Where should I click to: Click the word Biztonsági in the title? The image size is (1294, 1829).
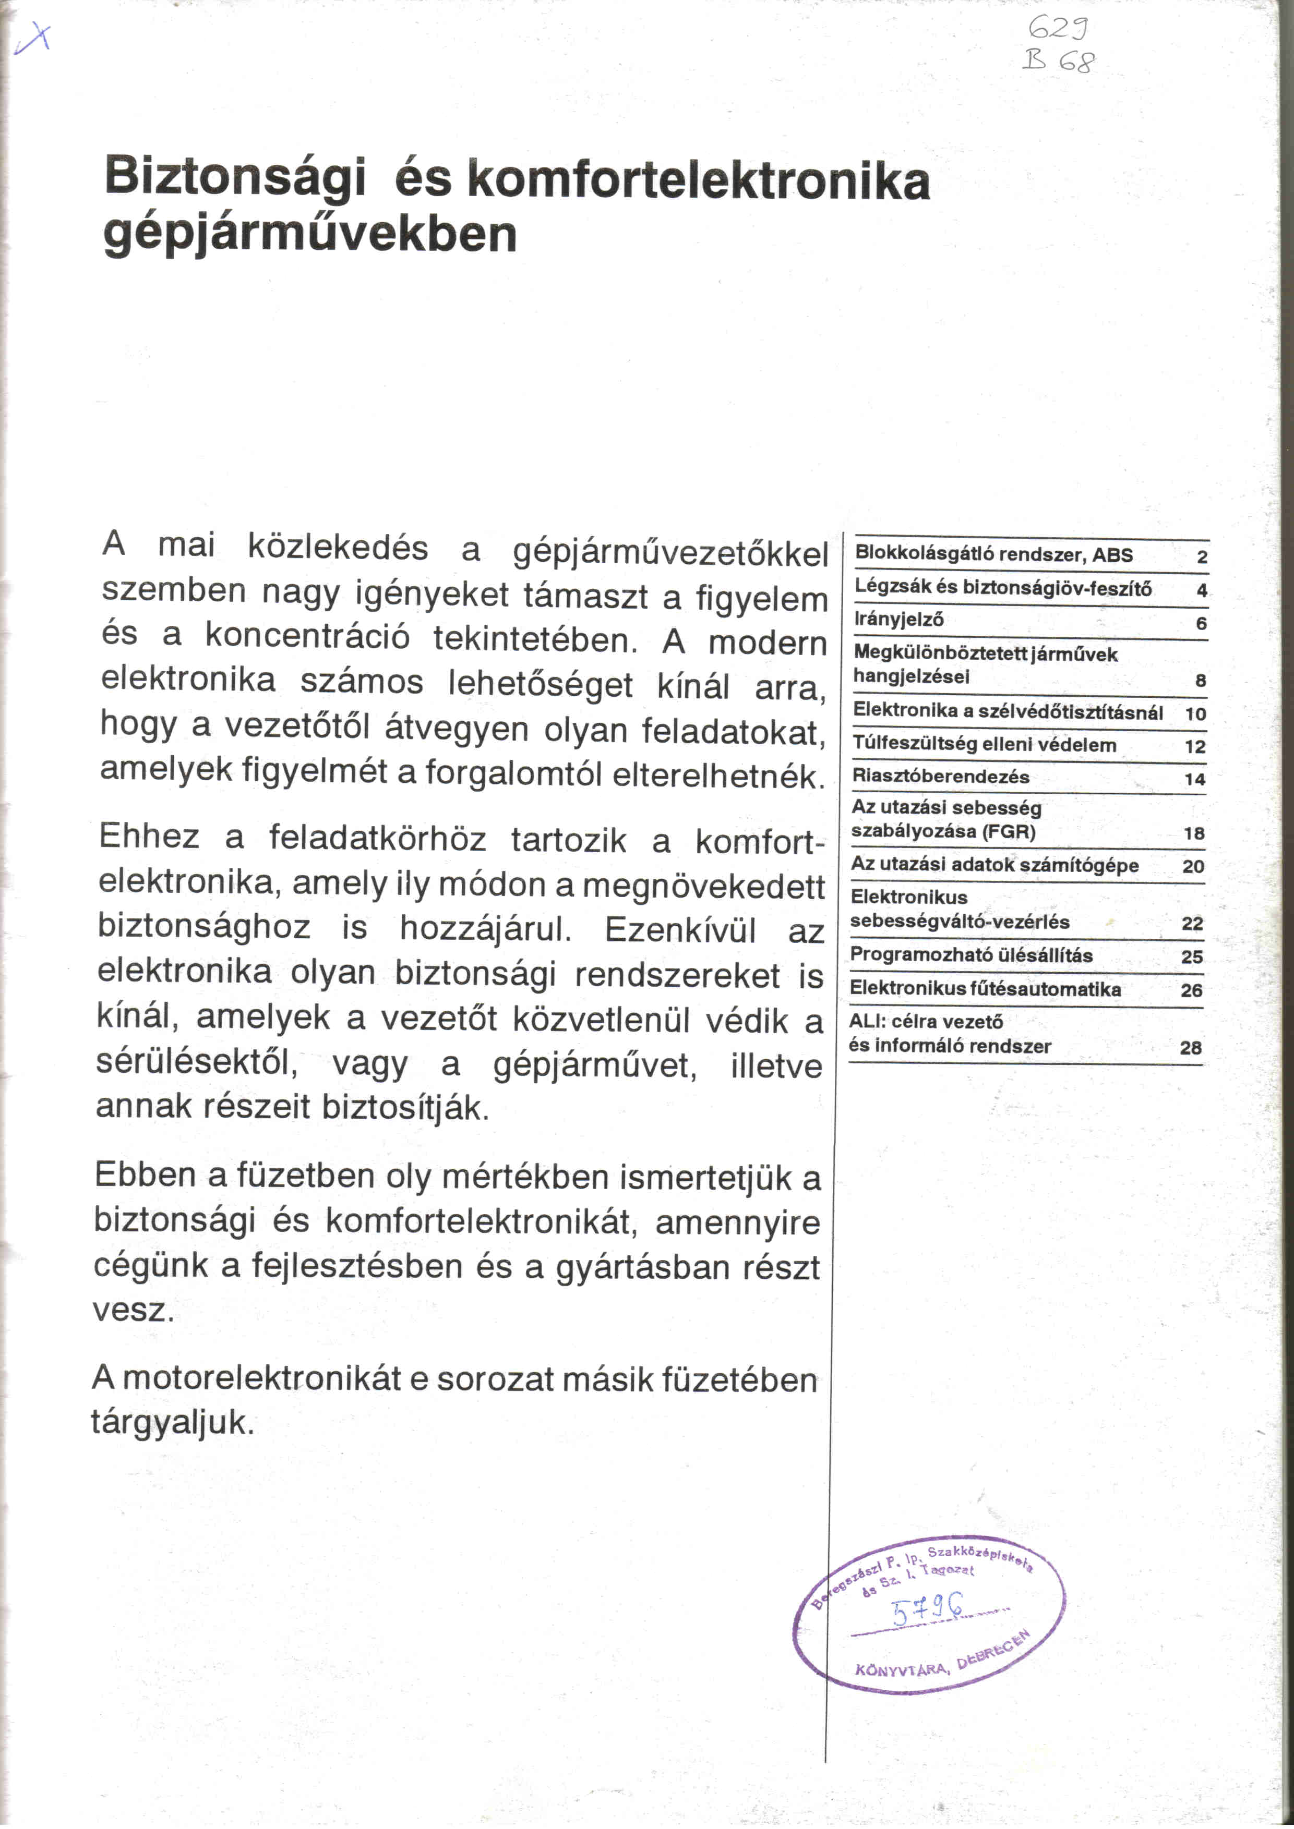point(235,177)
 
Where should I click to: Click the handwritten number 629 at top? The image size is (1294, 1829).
point(1058,30)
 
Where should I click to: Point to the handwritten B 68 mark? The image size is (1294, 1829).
point(1059,60)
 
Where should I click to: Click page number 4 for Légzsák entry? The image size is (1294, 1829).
point(1201,590)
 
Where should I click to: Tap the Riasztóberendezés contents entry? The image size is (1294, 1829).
point(940,776)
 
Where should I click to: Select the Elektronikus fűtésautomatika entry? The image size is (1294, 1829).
point(985,989)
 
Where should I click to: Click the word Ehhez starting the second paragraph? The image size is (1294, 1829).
point(149,837)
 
